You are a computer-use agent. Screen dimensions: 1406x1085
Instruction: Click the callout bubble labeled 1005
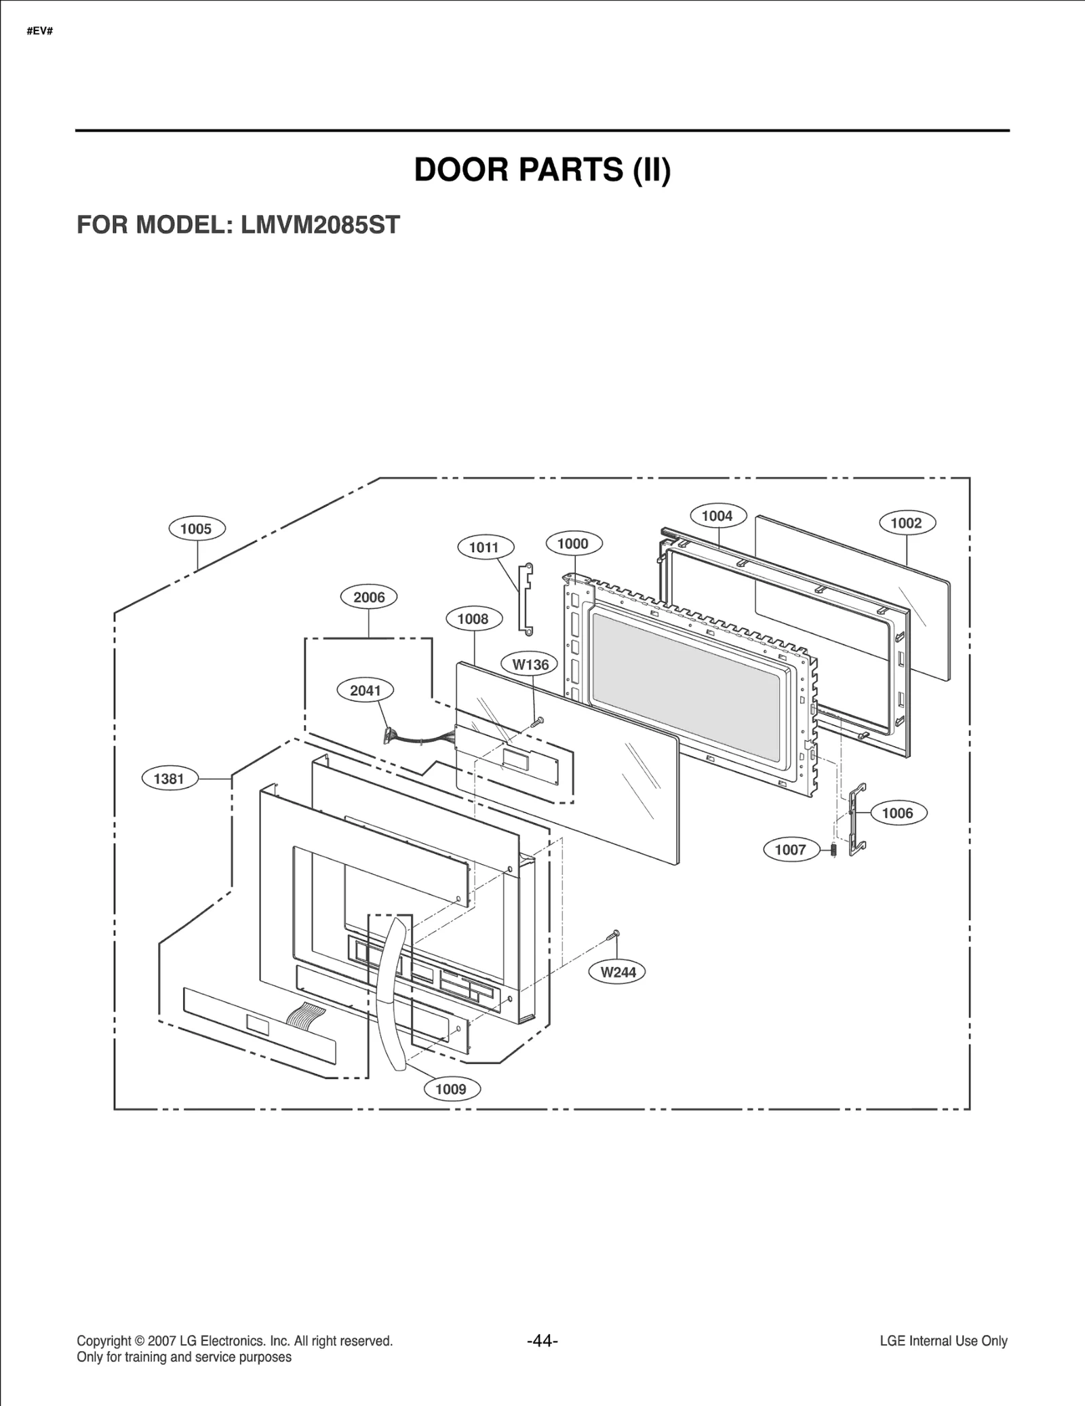[x=197, y=529]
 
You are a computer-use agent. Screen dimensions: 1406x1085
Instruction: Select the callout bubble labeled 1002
[x=907, y=523]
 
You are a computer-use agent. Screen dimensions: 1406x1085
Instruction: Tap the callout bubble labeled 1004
[x=717, y=516]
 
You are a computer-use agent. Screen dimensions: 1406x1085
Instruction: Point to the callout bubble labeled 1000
[x=573, y=543]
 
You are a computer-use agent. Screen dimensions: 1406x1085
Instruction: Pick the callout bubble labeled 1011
[x=484, y=547]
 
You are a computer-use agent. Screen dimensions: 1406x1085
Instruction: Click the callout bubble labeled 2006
[x=369, y=598]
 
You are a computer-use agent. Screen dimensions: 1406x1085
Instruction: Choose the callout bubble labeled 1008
[x=473, y=619]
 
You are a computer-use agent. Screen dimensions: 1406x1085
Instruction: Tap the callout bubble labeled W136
[x=530, y=665]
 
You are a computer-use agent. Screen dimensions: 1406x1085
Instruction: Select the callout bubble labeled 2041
[x=366, y=690]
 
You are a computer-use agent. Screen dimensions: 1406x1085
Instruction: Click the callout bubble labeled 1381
[x=170, y=779]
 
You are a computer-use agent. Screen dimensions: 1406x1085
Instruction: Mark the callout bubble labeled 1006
[x=897, y=813]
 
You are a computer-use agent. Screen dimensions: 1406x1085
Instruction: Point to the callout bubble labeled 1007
[x=791, y=849]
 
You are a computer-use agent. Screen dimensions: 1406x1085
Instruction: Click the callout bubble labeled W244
[x=618, y=972]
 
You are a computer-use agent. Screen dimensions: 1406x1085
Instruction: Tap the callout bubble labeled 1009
[x=451, y=1089]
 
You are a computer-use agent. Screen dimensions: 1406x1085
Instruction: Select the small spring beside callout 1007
[x=834, y=849]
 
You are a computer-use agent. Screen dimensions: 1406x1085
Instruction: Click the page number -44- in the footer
[x=542, y=1341]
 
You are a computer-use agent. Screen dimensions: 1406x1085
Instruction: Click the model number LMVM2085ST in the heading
[x=320, y=224]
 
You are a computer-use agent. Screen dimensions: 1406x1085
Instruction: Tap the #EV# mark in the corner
[x=40, y=31]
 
